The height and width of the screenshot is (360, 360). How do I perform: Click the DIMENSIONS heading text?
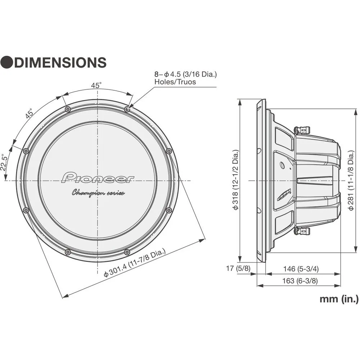pyautogui.click(x=60, y=62)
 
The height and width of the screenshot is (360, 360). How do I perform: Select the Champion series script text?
pyautogui.click(x=98, y=193)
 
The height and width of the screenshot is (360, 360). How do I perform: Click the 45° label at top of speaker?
pyautogui.click(x=96, y=85)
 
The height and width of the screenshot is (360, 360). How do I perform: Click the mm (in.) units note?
pyautogui.click(x=339, y=298)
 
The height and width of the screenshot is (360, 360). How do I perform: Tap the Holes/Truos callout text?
pyautogui.click(x=175, y=82)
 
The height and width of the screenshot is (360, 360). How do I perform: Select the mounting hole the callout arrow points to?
pyautogui.click(x=127, y=109)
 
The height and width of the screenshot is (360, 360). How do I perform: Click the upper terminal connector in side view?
pyautogui.click(x=302, y=131)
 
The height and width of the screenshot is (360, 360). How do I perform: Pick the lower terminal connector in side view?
pyautogui.click(x=302, y=230)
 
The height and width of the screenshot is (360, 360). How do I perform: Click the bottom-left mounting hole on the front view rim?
pyautogui.click(x=67, y=251)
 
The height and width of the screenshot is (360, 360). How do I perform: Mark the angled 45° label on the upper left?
pyautogui.click(x=29, y=113)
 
